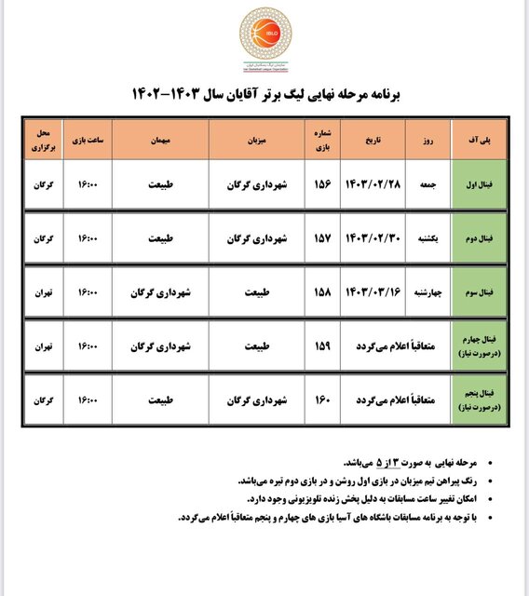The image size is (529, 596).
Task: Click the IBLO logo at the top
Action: [264, 35]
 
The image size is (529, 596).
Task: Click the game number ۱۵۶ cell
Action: [322, 185]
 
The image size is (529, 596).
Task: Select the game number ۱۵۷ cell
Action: [322, 238]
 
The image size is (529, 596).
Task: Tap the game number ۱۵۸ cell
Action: [322, 291]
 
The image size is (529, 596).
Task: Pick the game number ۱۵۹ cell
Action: [322, 345]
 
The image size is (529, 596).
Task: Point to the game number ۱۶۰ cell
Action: [322, 399]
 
